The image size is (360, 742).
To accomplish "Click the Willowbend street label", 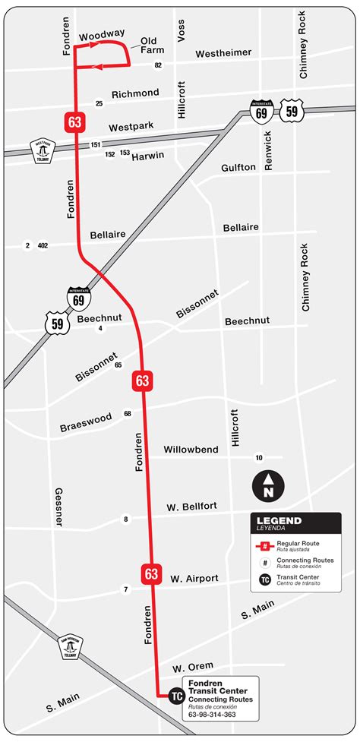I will coord(191,450).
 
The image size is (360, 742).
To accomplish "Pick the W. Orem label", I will coord(192,667).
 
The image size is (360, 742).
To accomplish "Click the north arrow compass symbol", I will coord(268,485).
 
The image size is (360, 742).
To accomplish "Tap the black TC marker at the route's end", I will coord(176,695).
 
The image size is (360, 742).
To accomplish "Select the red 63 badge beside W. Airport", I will coord(150,573).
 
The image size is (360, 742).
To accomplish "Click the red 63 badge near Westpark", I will coord(74,122).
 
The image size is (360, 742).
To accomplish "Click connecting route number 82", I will coord(158,65).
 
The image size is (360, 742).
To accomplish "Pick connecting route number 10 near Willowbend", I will coord(259,458).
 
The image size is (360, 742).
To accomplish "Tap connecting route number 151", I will coord(96,144).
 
